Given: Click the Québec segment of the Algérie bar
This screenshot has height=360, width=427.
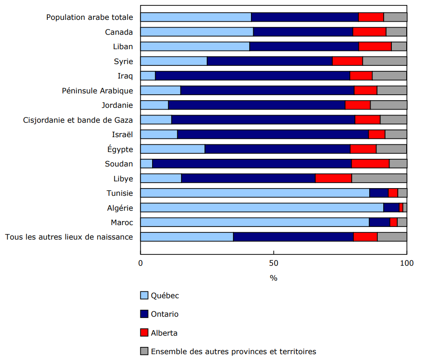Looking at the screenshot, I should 262,208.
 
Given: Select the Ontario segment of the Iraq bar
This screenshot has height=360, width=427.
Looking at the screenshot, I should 252,76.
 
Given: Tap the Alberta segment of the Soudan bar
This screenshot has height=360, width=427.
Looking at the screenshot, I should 370,164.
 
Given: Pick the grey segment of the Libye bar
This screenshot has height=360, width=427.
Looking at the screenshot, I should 379,178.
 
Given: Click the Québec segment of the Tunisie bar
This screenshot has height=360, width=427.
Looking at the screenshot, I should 255,193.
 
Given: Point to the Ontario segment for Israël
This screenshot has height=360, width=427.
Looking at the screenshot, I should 273,134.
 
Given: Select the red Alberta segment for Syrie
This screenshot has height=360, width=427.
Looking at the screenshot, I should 348,61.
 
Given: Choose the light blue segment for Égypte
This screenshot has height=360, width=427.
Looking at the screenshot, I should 172,149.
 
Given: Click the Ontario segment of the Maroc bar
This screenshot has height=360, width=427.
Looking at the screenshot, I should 379,222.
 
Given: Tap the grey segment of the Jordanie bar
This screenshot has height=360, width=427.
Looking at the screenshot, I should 388,105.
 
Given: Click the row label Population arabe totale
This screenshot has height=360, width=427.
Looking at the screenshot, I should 90,17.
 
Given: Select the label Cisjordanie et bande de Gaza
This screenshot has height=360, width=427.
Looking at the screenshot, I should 78,120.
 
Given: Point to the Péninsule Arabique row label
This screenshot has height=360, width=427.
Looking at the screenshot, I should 97,91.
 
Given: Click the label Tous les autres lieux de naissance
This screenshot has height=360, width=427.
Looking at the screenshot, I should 69,237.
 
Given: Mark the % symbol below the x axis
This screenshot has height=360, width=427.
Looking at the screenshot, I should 274,278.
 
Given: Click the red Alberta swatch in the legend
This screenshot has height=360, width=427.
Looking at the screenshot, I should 144,333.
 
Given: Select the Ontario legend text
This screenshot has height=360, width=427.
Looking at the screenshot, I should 164,314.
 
